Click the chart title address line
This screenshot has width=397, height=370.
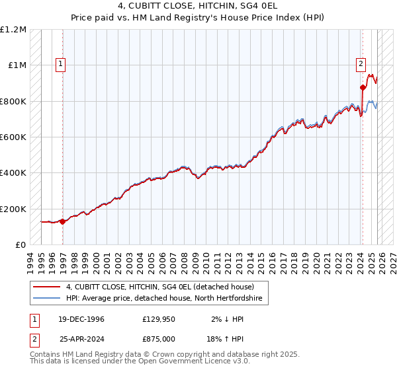(198, 7)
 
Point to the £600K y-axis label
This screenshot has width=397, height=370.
(13, 137)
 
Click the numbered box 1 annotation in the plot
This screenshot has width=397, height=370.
(61, 64)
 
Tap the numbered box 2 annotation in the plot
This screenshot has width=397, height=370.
(361, 64)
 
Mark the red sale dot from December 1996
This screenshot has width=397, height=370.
(62, 222)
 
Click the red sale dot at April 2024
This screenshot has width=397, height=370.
(363, 87)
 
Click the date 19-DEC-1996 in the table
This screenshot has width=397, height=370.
(77, 319)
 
